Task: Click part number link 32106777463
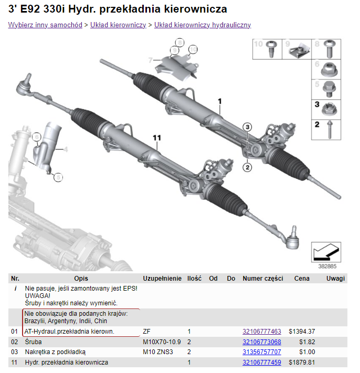coord(261,332)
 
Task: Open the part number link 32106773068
coord(261,342)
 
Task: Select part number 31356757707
coord(261,352)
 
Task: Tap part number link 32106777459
coord(261,363)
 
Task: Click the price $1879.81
coord(302,363)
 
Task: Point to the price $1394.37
coord(302,332)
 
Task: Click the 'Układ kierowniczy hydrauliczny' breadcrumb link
coord(203,25)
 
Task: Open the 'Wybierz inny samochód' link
coord(45,25)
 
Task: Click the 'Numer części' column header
coord(262,279)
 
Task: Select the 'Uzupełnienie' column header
coord(162,279)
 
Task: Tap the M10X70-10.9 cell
coord(162,342)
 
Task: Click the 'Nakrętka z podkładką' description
coord(55,352)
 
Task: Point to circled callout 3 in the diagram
coord(248,126)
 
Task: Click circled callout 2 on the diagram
coord(247,167)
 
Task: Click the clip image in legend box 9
coord(301,50)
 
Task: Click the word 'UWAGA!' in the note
coord(36,296)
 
